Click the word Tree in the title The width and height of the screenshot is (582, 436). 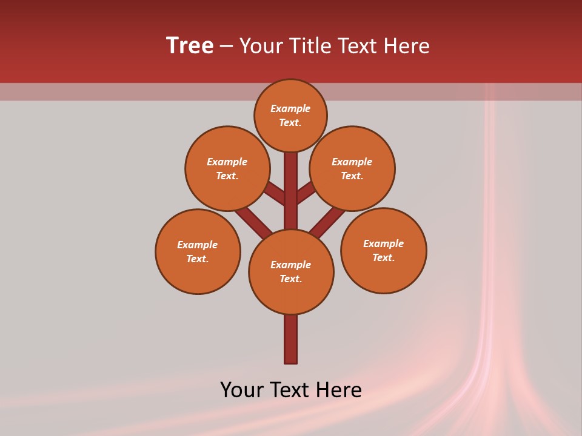(189, 46)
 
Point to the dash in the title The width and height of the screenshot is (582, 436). (226, 46)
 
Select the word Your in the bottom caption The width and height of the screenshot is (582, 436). (242, 390)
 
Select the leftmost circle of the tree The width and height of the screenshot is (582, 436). (198, 251)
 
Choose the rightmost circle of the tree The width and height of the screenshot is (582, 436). (384, 250)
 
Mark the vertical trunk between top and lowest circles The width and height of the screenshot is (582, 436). (291, 191)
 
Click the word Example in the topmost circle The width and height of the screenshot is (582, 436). (290, 108)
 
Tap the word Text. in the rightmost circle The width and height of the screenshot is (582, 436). (383, 257)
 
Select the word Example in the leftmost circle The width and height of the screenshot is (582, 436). (197, 245)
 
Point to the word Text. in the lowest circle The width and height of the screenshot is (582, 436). (290, 279)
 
